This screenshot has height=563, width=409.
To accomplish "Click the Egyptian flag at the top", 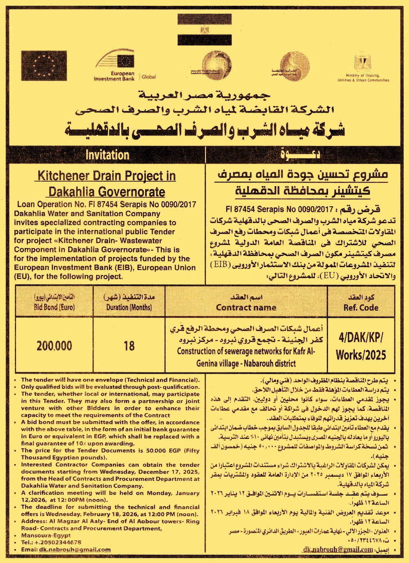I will pos(204,29).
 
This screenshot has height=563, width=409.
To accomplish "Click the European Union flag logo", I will pos(44,65).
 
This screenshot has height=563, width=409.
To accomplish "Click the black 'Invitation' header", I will pos(107,155).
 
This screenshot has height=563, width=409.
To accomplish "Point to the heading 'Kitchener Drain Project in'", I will pos(106,176).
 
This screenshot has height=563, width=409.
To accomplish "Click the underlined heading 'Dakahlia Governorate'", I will pos(106,192).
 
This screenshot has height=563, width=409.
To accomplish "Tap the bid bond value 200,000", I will pos(54,346).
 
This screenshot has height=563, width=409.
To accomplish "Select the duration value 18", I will pos(129,346).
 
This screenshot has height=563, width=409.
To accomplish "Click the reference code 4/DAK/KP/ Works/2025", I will pos(361,346).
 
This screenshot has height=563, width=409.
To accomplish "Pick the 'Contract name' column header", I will pos(246,307).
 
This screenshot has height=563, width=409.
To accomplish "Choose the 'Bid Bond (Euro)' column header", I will pos(54,307).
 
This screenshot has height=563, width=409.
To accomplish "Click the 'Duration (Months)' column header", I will pos(129,307).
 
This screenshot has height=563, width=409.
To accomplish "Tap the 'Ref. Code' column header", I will pos(361,307).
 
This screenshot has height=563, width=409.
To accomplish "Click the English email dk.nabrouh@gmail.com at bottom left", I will pos(75,549).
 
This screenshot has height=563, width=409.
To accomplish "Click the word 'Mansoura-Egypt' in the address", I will pos(46,535).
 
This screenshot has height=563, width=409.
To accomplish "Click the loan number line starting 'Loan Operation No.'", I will pos(106,204).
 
